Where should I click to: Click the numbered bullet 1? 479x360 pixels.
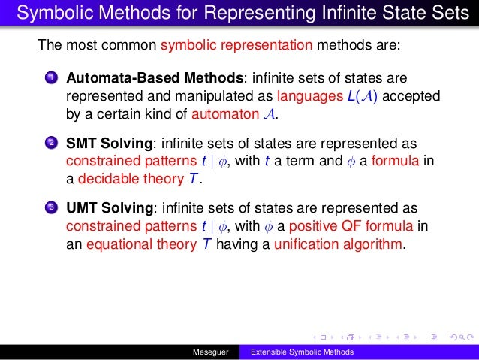click(50, 78)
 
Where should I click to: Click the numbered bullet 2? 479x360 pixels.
click(50, 142)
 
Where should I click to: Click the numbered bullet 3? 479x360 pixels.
click(50, 207)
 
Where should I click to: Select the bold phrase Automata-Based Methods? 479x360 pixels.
click(155, 78)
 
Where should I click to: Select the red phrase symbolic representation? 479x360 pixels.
click(236, 44)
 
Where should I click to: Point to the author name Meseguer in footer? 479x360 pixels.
click(211, 352)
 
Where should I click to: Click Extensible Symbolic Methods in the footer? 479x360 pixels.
click(302, 352)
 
